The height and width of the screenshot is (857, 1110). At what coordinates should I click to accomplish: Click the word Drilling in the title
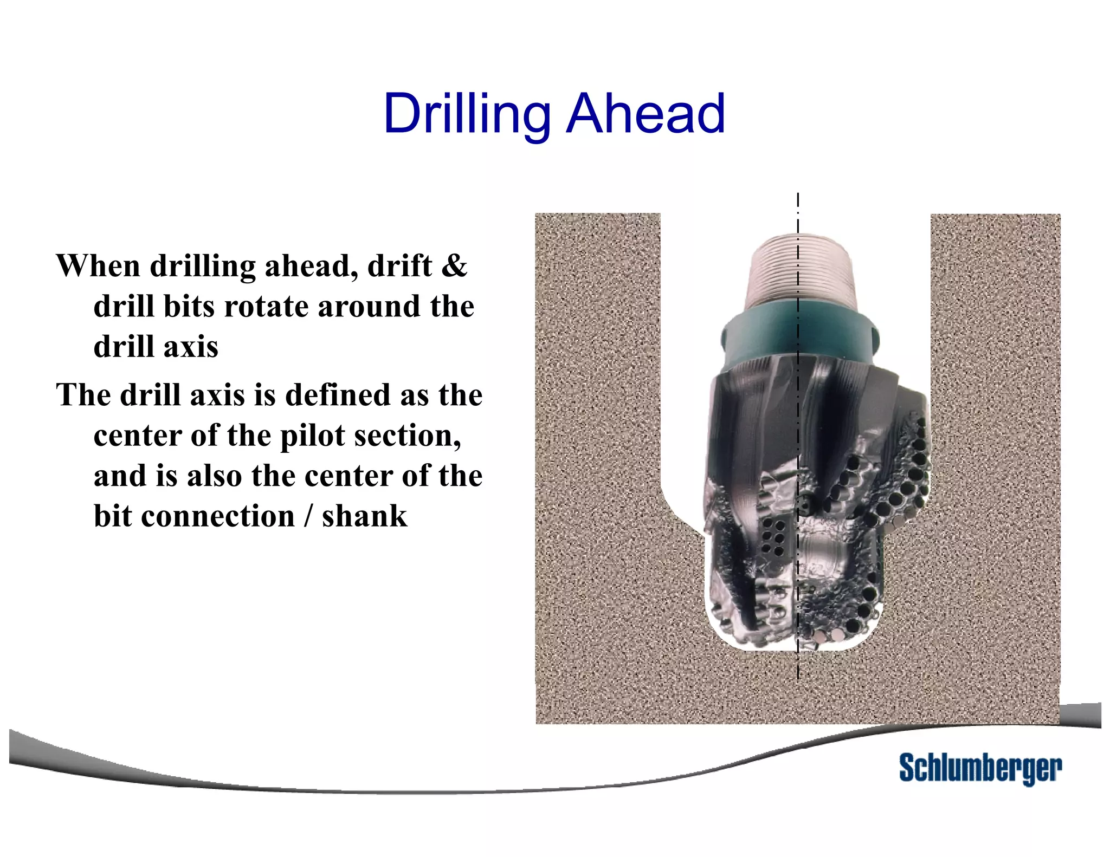pyautogui.click(x=466, y=115)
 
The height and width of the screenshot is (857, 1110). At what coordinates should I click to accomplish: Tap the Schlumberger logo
pyautogui.click(x=979, y=768)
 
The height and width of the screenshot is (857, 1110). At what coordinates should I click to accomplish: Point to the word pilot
pyautogui.click(x=312, y=436)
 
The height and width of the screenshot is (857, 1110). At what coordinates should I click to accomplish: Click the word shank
pyautogui.click(x=364, y=516)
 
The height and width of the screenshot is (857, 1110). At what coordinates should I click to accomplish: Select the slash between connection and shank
pyautogui.click(x=308, y=516)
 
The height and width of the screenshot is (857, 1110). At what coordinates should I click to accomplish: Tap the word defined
pyautogui.click(x=338, y=395)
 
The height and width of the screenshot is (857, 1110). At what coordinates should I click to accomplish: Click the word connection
pyautogui.click(x=218, y=516)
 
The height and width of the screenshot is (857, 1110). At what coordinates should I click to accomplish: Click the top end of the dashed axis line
pyautogui.click(x=798, y=195)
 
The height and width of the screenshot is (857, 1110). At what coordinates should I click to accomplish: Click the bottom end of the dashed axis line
pyautogui.click(x=798, y=677)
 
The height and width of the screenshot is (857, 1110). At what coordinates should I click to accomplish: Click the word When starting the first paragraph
pyautogui.click(x=98, y=266)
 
